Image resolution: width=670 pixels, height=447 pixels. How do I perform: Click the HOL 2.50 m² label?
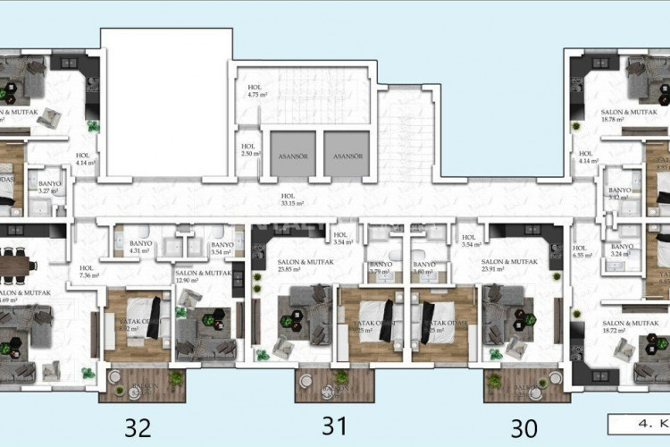pyautogui.click(x=249, y=150)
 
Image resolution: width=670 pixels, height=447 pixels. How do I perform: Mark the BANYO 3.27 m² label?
pyautogui.click(x=49, y=186)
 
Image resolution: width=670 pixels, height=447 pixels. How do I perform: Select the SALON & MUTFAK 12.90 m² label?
pyautogui.click(x=204, y=276)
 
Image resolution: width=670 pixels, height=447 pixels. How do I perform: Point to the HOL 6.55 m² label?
pyautogui.click(x=582, y=253)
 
